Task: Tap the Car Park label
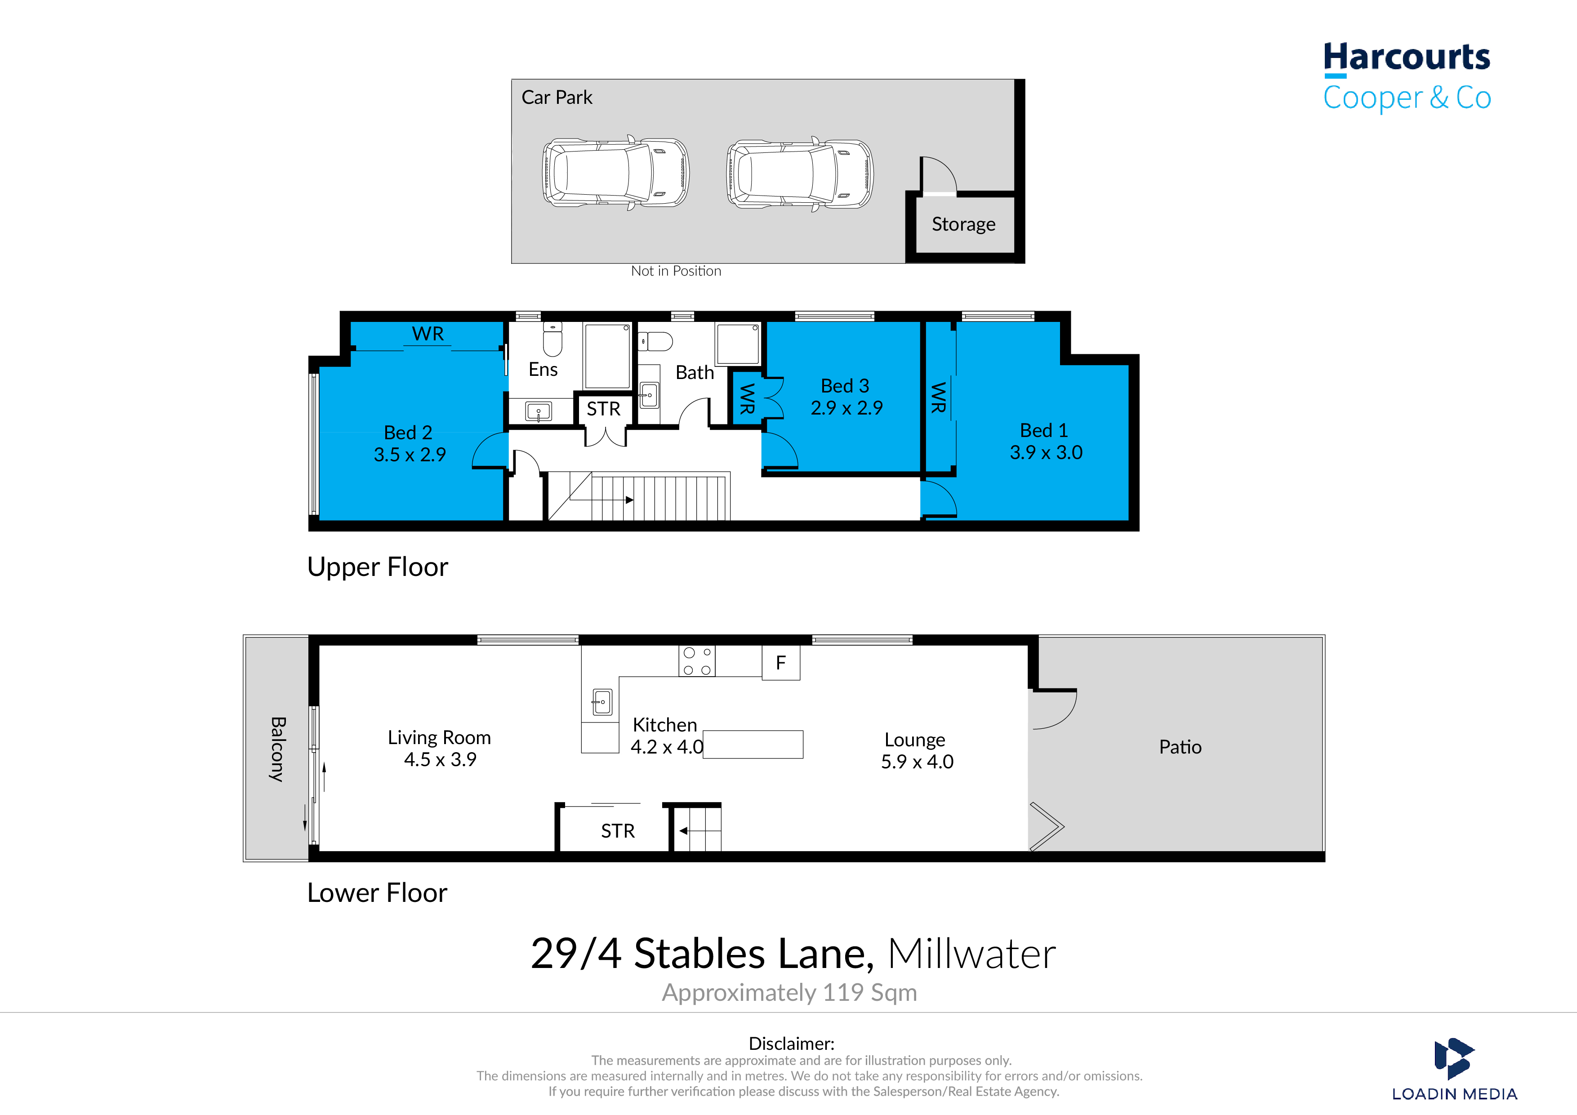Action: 557,98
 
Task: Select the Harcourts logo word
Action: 1407,58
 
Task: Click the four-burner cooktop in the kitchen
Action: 696,661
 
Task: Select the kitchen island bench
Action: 753,744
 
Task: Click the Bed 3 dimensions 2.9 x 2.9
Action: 846,408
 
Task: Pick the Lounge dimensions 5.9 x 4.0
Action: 917,762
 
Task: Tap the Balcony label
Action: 277,749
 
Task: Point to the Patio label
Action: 1180,748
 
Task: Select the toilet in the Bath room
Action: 655,341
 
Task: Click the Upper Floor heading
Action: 377,567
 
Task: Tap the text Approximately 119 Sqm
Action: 789,993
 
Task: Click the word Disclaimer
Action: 791,1044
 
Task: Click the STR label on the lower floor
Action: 618,831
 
